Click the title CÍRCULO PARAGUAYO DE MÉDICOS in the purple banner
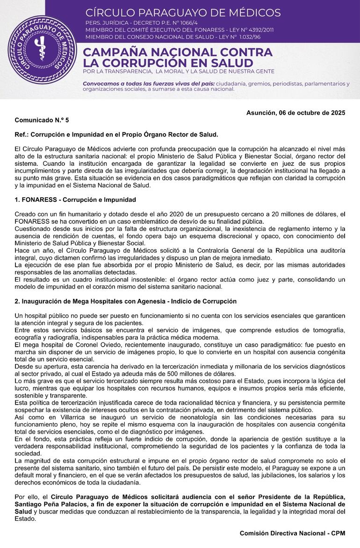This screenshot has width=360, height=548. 183,13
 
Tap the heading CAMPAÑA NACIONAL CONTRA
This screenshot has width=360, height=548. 178,52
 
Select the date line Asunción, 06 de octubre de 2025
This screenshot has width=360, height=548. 295,113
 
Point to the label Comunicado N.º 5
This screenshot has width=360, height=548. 42,121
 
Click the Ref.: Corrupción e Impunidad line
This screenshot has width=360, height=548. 116,135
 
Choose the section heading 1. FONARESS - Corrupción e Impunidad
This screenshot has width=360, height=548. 75,200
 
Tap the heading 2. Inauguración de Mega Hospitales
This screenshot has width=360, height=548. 125,301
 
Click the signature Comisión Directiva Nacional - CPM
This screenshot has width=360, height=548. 292,533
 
